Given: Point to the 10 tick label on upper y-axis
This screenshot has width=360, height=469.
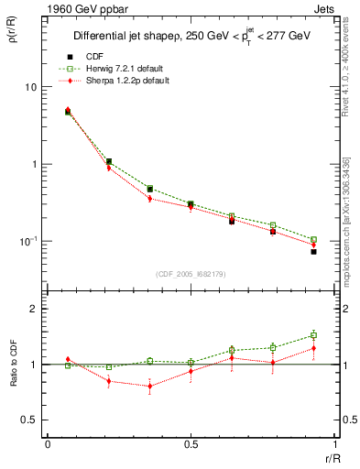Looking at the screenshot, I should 30,87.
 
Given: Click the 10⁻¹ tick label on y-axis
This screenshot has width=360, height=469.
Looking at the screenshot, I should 28,241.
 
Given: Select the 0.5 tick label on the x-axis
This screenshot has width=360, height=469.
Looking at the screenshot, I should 190,443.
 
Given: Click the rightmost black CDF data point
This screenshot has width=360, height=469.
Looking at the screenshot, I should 313,251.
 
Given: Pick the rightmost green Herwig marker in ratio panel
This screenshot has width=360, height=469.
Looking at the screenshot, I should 313,335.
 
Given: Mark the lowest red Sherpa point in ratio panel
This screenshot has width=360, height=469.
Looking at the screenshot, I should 149,386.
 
